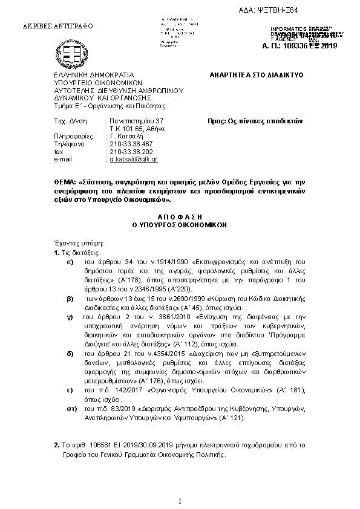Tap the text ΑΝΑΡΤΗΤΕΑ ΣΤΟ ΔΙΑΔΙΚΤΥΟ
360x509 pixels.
coord(257,75)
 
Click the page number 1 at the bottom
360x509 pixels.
coord(180,501)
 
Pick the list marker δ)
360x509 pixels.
coord(70,351)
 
